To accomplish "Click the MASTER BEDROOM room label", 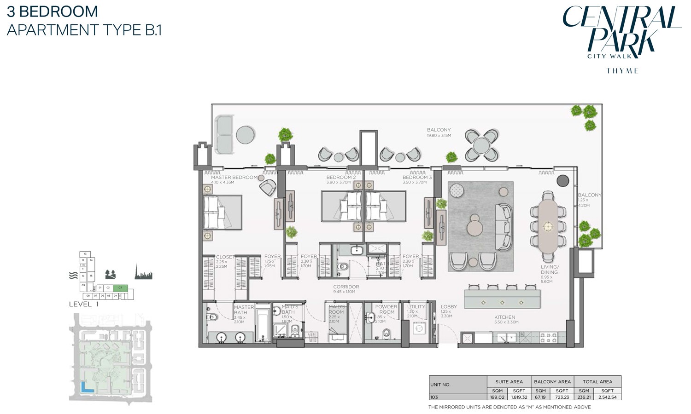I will coord(234,177).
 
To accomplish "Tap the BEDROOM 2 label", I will coord(341,177).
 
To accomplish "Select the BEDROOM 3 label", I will coord(417,177).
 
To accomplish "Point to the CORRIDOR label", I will coord(346,287).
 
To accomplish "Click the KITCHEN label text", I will coord(504,317).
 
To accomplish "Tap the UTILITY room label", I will coord(416,307).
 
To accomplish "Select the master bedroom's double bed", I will coord(223,212).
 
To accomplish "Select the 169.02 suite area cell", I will coord(498,397).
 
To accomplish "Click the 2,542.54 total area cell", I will coord(608,397).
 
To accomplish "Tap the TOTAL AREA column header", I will coord(597,381).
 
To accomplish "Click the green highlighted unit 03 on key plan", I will coord(120,287).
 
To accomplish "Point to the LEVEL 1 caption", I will coord(84,304).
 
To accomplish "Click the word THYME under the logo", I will coord(622,71).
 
